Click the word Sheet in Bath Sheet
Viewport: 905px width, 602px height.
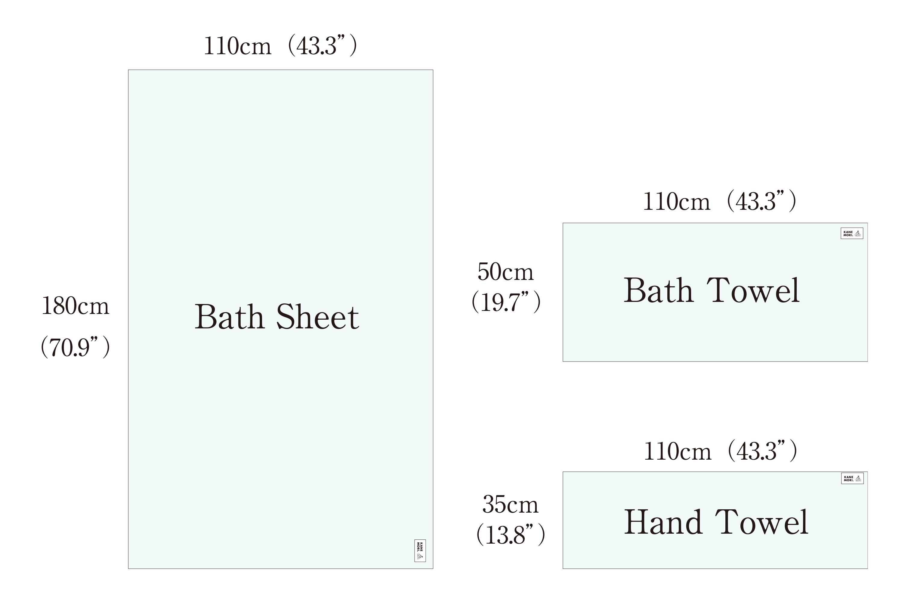pos(317,317)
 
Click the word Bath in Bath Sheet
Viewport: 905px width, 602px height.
pos(230,317)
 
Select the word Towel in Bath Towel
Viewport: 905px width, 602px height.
pos(753,291)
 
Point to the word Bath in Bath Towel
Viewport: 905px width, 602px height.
pos(658,291)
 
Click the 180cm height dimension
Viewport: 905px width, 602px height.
pos(76,306)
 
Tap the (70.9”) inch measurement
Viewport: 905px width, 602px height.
pos(76,347)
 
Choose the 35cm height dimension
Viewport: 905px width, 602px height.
pos(510,504)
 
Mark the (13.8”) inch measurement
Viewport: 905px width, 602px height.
pos(511,535)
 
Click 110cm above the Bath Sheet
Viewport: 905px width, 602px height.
pos(237,46)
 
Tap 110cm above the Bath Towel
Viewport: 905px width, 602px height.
pos(676,202)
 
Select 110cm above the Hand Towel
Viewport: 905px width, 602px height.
pos(678,451)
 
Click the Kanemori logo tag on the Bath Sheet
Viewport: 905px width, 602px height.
pos(420,551)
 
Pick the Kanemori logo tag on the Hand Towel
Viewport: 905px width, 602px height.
pos(852,478)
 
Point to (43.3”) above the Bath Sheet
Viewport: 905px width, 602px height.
pos(322,46)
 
